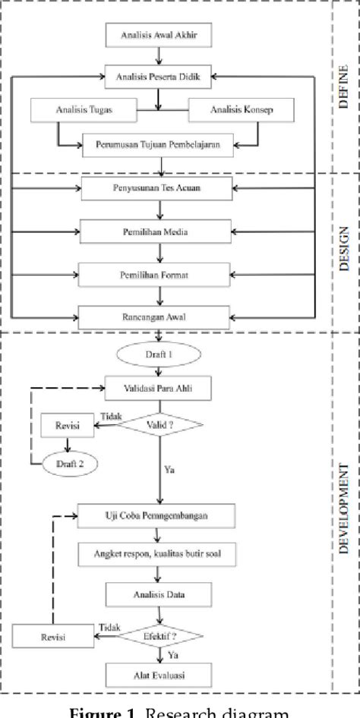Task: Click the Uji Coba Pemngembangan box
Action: pyautogui.click(x=156, y=515)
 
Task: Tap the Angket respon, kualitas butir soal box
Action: pyautogui.click(x=156, y=553)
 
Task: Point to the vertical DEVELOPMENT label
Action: pyautogui.click(x=346, y=503)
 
